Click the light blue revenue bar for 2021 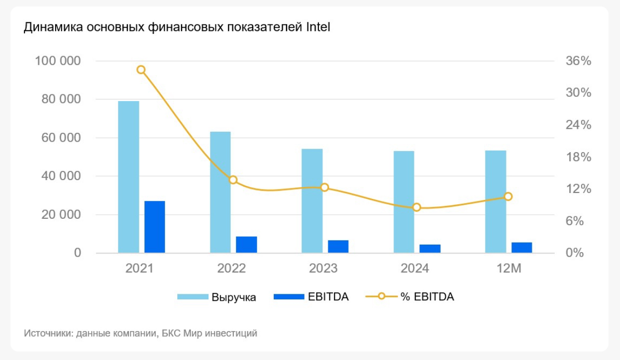(128, 177)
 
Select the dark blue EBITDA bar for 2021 (155, 227)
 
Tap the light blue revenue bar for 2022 (220, 192)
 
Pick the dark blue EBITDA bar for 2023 (338, 247)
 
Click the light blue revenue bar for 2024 (404, 201)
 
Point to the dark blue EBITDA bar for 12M (522, 248)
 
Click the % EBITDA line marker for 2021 (141, 70)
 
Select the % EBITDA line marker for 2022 (233, 180)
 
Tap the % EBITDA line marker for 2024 (417, 207)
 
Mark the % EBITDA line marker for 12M (508, 196)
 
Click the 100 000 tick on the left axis (58, 61)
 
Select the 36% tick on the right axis (578, 61)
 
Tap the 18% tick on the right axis (578, 157)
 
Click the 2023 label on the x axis (323, 269)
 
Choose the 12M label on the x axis (508, 269)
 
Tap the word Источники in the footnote (47, 333)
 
